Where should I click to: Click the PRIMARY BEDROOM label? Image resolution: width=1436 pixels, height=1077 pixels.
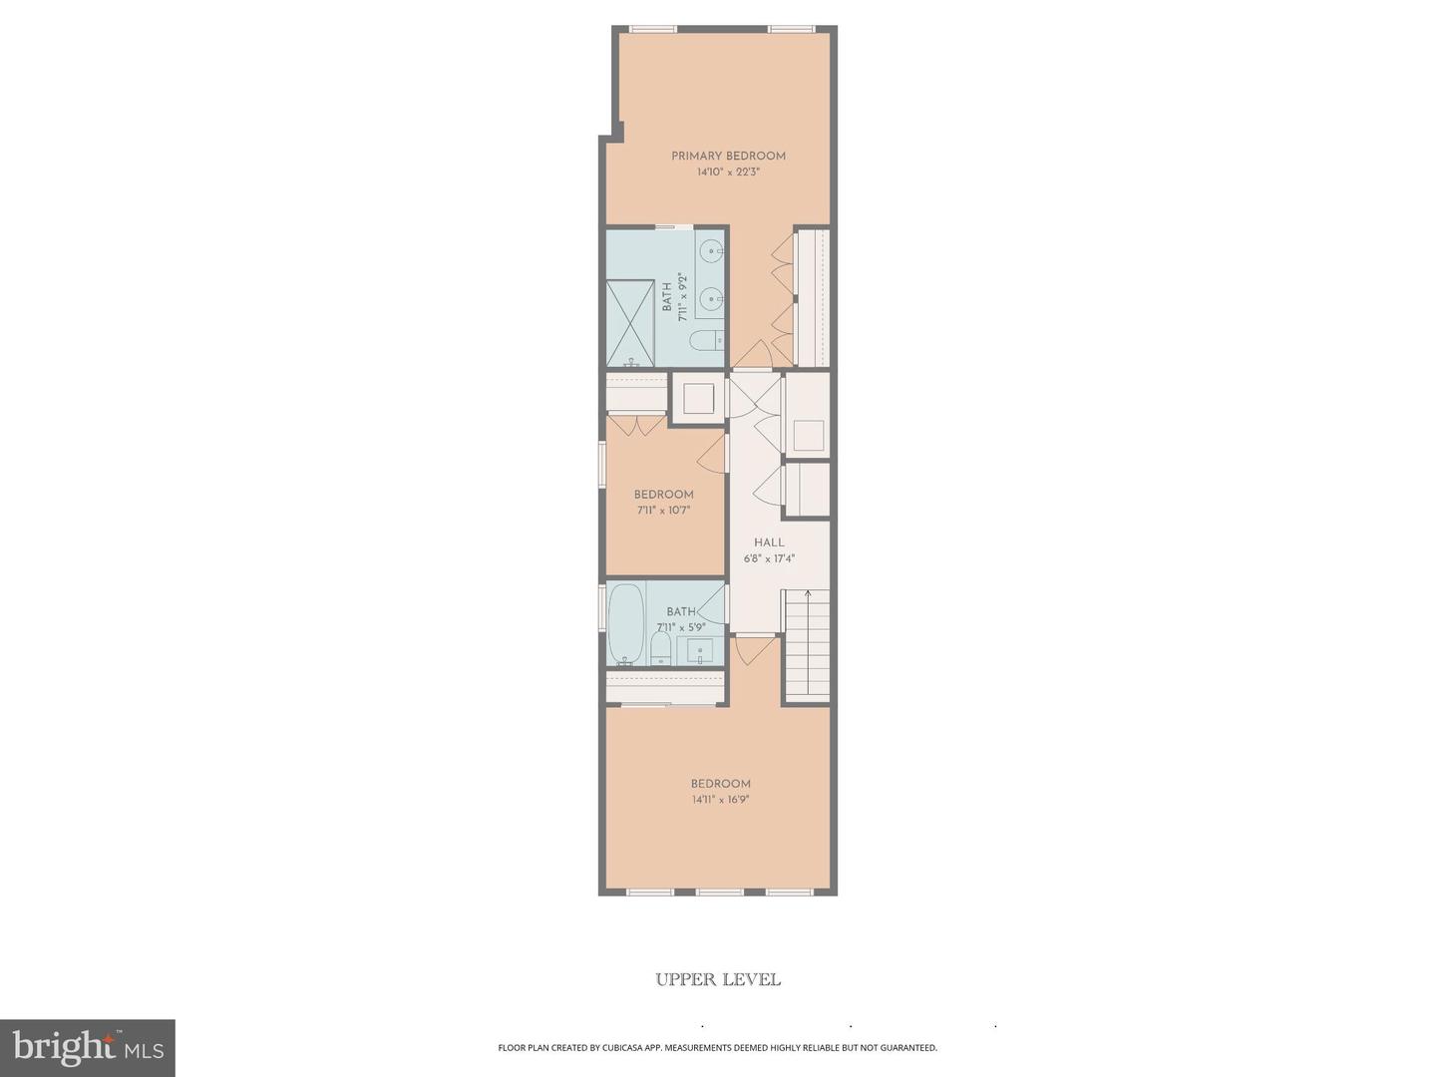tap(728, 156)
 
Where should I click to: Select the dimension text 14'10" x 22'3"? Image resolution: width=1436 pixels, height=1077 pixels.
tap(728, 173)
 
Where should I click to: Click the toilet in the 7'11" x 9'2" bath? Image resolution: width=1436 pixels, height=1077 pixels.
tap(705, 341)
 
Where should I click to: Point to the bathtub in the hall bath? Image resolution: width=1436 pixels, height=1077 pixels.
tap(626, 623)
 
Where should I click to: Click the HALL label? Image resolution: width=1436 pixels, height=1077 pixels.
tap(769, 542)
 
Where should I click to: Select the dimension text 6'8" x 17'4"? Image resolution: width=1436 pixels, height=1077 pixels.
tap(769, 558)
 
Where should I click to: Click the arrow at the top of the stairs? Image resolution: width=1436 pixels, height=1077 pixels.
tap(807, 595)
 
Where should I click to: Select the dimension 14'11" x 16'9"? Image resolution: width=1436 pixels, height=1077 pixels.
tap(720, 800)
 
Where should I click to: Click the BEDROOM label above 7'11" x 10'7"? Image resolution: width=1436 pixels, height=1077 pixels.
tap(663, 495)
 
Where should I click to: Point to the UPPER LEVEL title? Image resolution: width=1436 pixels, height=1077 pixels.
tap(718, 979)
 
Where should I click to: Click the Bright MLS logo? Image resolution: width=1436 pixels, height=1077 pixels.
tap(88, 1047)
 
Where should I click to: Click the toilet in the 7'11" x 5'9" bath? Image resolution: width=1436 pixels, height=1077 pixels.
tap(661, 651)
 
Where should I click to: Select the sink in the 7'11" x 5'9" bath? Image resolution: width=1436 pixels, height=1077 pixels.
tap(699, 652)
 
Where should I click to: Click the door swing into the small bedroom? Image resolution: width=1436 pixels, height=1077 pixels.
tap(712, 454)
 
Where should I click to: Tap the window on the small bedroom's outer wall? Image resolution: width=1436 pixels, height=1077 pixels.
tap(602, 465)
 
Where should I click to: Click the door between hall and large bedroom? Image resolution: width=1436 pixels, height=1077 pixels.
tap(755, 648)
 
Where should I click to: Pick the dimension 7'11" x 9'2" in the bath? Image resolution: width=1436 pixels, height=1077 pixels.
tap(683, 297)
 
